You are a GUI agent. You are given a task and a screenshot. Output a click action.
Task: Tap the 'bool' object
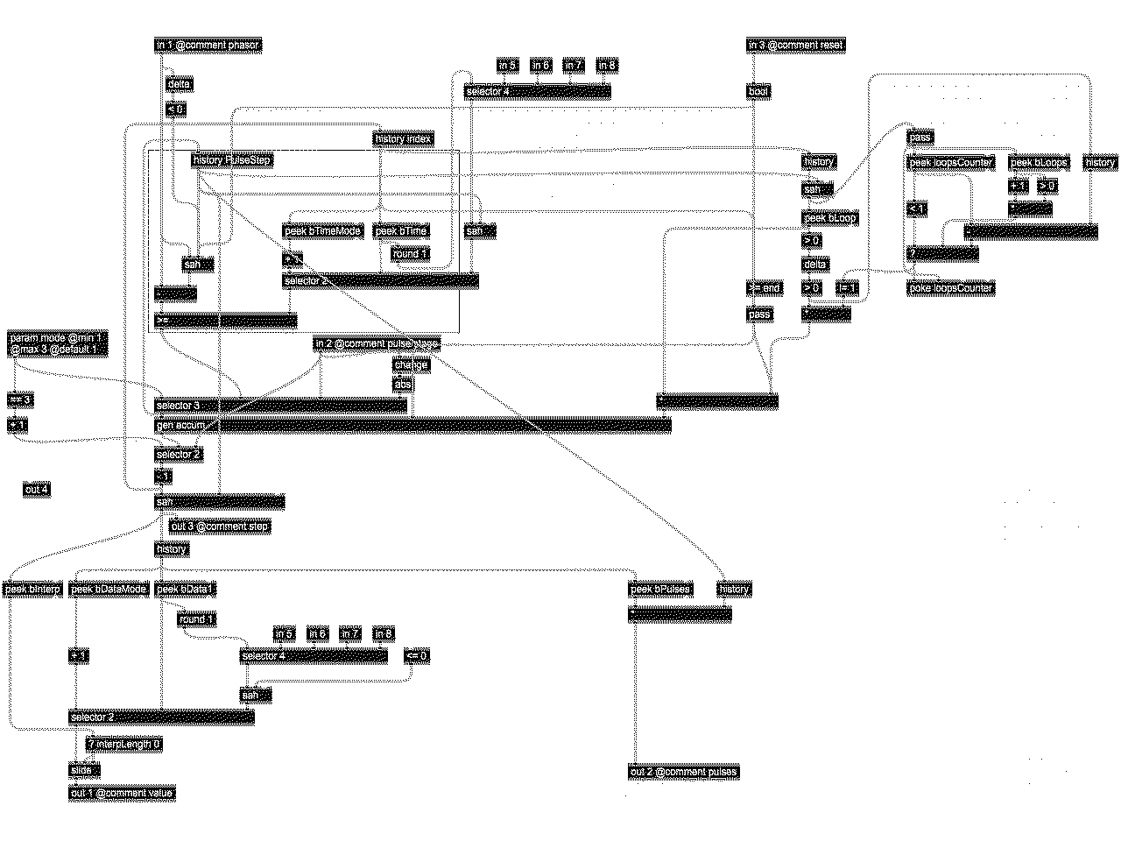[759, 90]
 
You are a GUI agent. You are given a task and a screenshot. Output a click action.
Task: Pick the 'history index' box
[403, 138]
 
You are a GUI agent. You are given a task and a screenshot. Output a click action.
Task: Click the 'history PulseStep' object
[232, 160]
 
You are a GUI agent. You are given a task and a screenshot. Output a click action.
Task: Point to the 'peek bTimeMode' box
[323, 230]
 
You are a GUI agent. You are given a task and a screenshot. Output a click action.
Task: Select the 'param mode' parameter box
[57, 343]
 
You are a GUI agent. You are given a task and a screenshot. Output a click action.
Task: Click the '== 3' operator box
[20, 399]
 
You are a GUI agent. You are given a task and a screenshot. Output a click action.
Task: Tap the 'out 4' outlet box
[37, 490]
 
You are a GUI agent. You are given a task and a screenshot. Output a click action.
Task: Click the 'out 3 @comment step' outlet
[219, 527]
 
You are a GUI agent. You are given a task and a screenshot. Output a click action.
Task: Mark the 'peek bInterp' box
[32, 589]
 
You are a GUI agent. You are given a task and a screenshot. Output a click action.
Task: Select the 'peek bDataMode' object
[109, 589]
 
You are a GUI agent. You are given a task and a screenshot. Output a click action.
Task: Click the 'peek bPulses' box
[660, 589]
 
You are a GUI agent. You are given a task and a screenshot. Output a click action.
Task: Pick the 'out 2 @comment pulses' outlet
[683, 772]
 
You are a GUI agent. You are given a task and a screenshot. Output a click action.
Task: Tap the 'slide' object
[84, 770]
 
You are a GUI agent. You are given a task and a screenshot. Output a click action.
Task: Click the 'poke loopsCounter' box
[951, 288]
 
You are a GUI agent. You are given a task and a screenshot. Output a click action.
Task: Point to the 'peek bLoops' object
[1039, 162]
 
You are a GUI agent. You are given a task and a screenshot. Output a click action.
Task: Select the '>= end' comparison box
[764, 288]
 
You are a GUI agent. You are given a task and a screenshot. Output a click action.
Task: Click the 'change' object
[411, 364]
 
